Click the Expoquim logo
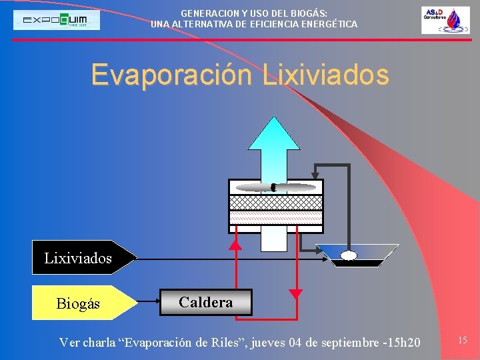[57, 20]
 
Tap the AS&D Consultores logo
[445, 20]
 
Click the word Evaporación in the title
[173, 75]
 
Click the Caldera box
[206, 302]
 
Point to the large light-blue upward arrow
[273, 153]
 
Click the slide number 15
[462, 341]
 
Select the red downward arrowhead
[296, 293]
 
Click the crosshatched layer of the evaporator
[275, 202]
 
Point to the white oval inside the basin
[349, 255]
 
